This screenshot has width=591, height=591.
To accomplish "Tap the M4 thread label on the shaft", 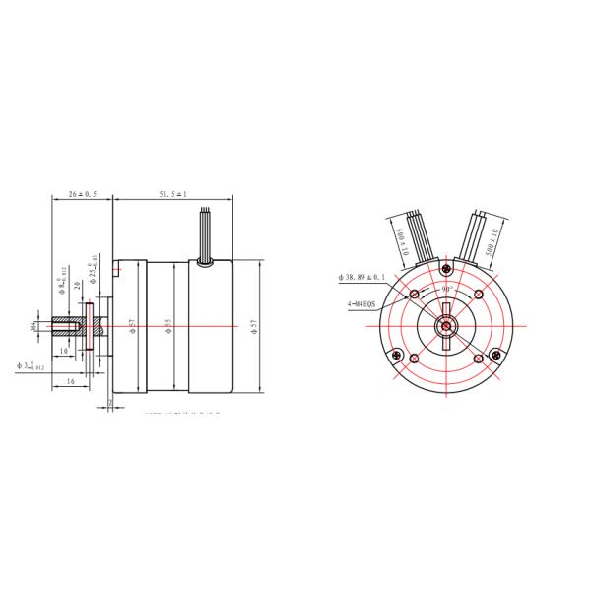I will pyautogui.click(x=33, y=323).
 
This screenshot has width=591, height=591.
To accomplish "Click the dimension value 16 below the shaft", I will pyautogui.click(x=70, y=379).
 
